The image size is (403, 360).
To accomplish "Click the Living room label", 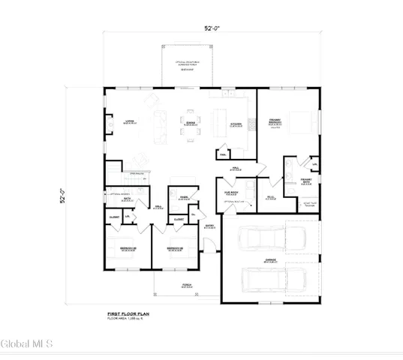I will pos(129,122).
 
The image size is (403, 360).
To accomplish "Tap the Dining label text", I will pos(191,122).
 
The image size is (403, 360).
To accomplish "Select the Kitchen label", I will pos(235,124).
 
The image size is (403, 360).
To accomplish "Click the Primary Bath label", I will pos(305,181).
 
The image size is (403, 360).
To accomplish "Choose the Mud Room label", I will pos(231,192).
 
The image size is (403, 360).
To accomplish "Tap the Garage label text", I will pos(269,260).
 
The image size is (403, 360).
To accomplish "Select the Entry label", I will pos(210,226).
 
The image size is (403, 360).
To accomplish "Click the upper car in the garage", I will pos(262,239).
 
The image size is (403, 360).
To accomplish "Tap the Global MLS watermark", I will pos(27,344).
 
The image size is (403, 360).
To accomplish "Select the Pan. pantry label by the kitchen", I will pos(223,154).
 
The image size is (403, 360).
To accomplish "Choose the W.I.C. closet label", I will pos(314,163).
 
